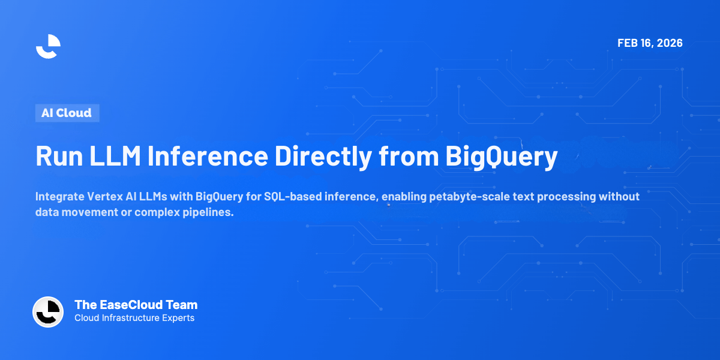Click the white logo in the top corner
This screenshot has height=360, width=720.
tap(48, 46)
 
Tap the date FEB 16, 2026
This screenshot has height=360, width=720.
tap(650, 43)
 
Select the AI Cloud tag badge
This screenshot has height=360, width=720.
tap(67, 113)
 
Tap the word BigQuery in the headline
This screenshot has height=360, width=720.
tap(500, 157)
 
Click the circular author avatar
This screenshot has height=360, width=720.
tap(48, 312)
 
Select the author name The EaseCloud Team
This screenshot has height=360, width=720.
tap(136, 305)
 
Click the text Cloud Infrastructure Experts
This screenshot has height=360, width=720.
tap(134, 318)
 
